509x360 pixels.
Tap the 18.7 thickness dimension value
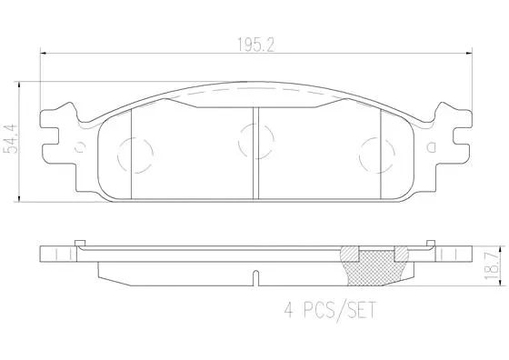point(492,262)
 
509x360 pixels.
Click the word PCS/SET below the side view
point(337,309)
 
